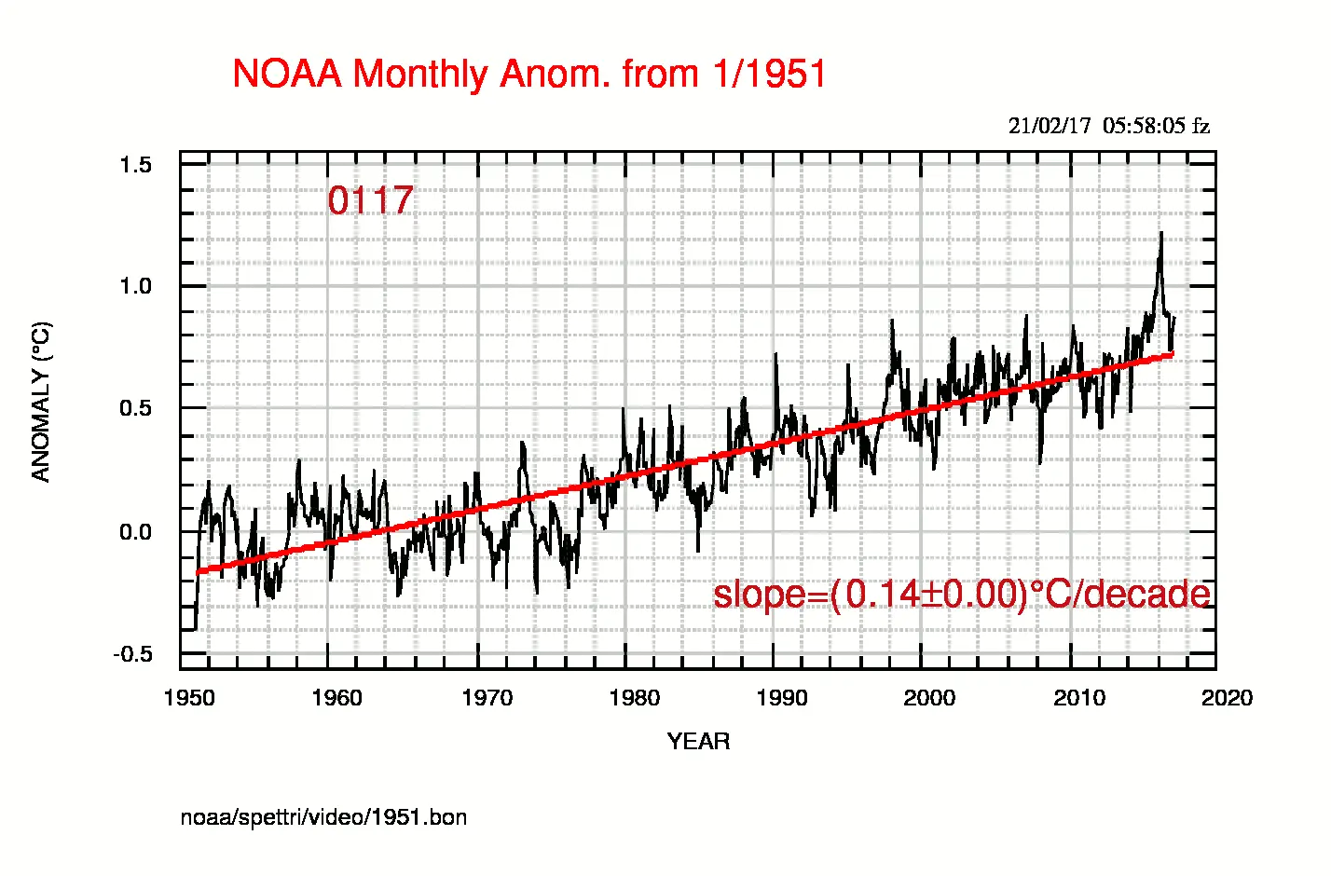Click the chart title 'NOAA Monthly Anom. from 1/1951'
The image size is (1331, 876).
[x=529, y=75]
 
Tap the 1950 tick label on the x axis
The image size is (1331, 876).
[x=189, y=698]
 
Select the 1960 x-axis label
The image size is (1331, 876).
[x=336, y=698]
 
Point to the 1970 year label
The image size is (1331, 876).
[x=487, y=698]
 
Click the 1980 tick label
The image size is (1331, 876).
[x=634, y=698]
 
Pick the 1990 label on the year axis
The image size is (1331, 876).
[x=782, y=698]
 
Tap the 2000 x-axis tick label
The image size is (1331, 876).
[x=929, y=698]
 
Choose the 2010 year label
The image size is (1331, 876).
[x=1079, y=698]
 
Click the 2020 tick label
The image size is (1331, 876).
[x=1227, y=698]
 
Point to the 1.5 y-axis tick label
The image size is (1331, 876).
[x=135, y=165]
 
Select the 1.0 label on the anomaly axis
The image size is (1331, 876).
[x=135, y=286]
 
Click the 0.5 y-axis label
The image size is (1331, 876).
[x=135, y=408]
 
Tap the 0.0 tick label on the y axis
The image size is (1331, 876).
[x=135, y=532]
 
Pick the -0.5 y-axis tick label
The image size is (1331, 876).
[x=132, y=654]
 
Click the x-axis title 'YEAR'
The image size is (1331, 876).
[x=698, y=742]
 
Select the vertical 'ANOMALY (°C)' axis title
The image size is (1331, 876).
[x=41, y=402]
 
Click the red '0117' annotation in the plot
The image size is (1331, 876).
[x=370, y=200]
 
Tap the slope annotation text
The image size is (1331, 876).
[x=962, y=594]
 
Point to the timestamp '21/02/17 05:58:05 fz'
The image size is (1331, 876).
[x=1108, y=126]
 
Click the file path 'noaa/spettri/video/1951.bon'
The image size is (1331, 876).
[x=323, y=817]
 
